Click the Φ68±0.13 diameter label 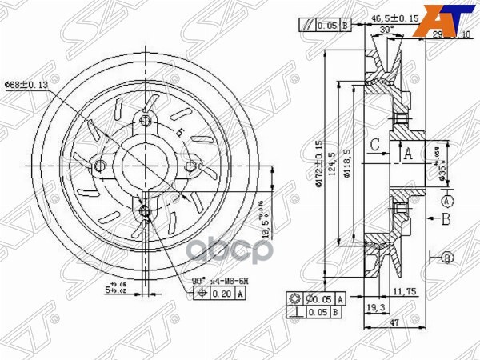click(26, 84)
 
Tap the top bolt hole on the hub click(145, 121)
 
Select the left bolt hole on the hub click(100, 166)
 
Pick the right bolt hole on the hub click(191, 166)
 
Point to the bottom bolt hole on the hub click(145, 211)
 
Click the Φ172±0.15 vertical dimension click(318, 165)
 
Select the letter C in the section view click(374, 145)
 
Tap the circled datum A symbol click(446, 199)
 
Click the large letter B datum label click(446, 218)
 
